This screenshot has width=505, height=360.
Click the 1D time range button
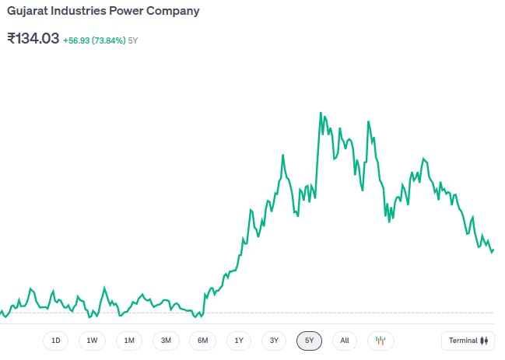(55, 341)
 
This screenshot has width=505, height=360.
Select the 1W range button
(92, 341)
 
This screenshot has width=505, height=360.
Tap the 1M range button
(129, 341)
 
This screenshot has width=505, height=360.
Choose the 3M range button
(166, 341)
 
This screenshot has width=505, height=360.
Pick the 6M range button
(202, 341)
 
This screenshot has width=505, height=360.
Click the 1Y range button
(239, 341)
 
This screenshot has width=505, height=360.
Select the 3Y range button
(274, 341)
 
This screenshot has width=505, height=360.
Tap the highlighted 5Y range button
(309, 341)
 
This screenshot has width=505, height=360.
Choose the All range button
(345, 341)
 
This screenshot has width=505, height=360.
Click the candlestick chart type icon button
(381, 341)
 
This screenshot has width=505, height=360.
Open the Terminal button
(468, 341)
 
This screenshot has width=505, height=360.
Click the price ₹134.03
(33, 38)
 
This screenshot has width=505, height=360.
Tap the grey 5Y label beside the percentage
(133, 40)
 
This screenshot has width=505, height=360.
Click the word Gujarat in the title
(27, 12)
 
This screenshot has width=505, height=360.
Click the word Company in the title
(175, 12)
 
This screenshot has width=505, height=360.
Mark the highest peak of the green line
(321, 113)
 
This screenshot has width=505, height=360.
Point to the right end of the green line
(493, 250)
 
